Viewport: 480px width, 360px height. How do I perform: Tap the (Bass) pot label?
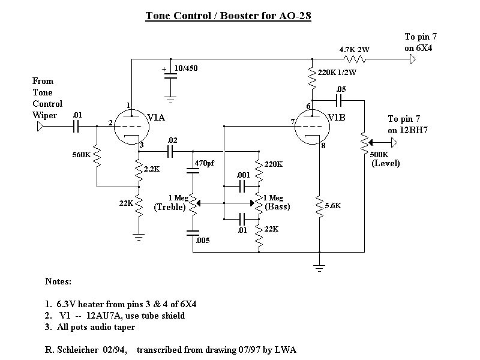(x=277, y=207)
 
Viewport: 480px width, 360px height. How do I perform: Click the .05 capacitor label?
(x=341, y=89)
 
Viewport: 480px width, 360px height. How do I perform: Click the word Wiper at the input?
(x=45, y=115)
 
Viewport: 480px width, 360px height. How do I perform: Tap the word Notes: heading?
(x=58, y=281)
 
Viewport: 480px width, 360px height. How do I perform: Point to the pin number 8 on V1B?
(x=323, y=145)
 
